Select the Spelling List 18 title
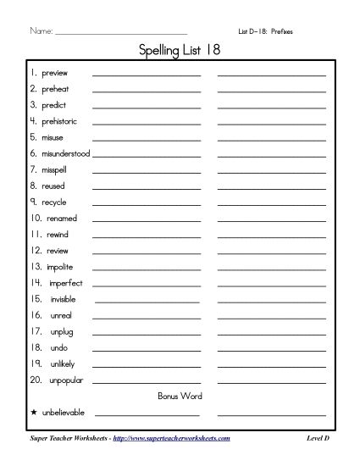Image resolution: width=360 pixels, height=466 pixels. tap(180, 51)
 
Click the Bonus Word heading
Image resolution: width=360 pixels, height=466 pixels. tap(180, 396)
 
